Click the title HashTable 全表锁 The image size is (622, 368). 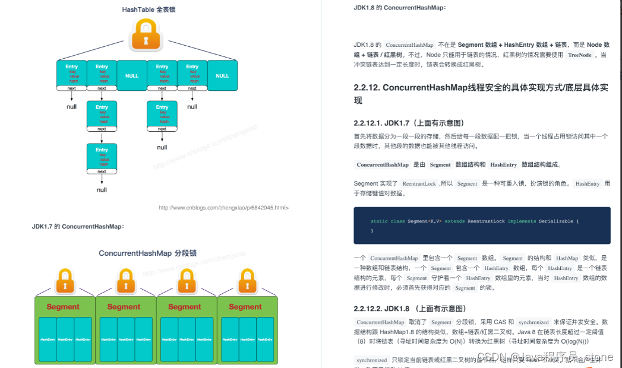(x=149, y=9)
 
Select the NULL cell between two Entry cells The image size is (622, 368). (x=132, y=76)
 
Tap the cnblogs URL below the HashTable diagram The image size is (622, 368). (x=223, y=208)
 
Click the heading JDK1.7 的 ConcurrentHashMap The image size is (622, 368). (x=78, y=227)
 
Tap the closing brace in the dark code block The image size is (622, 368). (x=372, y=230)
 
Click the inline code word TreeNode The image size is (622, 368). (x=580, y=55)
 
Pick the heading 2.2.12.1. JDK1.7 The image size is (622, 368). (x=408, y=123)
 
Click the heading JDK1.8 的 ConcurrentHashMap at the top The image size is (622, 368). (x=399, y=8)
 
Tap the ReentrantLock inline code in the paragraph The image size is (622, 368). (x=419, y=184)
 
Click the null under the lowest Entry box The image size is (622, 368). (x=102, y=190)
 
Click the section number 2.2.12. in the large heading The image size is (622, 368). (x=367, y=87)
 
